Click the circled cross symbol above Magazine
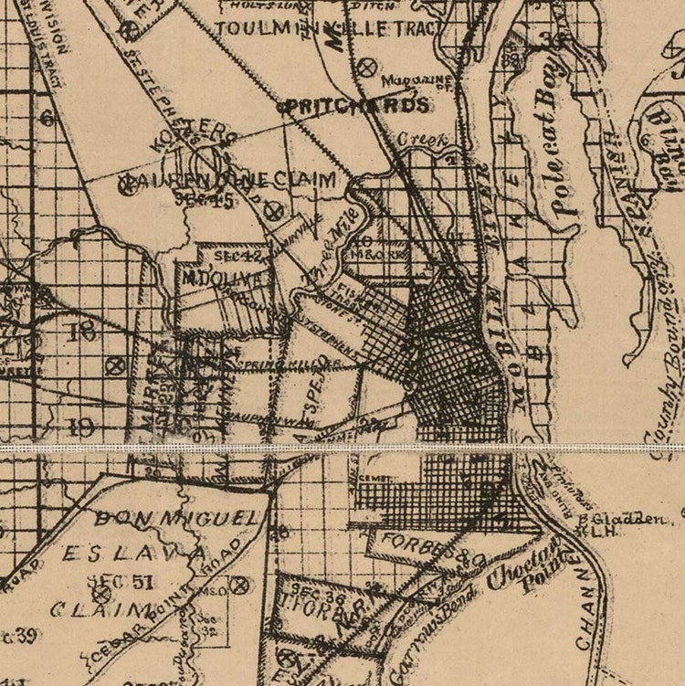click(368, 66)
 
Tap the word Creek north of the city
click(422, 141)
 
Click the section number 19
click(80, 425)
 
